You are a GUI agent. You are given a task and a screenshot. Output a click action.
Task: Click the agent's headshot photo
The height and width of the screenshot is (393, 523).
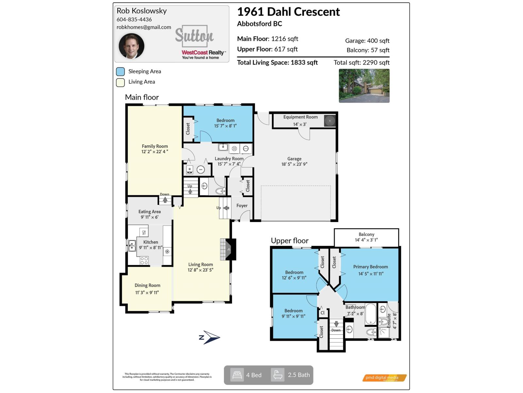click(131, 46)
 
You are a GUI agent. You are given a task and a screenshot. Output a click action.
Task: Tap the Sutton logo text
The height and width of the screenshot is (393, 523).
click(194, 35)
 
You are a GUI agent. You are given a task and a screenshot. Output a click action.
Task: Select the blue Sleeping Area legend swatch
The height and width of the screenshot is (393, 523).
click(120, 71)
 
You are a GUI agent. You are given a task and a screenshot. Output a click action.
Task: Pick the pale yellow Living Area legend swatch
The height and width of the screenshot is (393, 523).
click(120, 82)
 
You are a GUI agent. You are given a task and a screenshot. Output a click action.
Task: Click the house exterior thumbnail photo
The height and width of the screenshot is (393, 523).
click(364, 86)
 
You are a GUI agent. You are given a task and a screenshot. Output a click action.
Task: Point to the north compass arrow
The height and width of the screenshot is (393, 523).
click(210, 337)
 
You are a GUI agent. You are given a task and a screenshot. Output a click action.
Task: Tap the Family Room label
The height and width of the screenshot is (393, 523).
click(155, 146)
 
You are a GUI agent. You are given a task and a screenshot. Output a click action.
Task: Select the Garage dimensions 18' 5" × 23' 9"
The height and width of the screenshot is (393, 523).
click(294, 164)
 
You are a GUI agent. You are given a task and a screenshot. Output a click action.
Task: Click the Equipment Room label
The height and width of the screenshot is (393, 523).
click(300, 117)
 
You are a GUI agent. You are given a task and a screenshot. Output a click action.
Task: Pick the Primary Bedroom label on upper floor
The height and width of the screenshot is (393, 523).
click(370, 267)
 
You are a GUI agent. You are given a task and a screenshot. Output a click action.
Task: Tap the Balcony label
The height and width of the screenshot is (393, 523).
click(366, 234)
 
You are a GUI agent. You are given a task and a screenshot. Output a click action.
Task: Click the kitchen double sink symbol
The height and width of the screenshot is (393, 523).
click(132, 246)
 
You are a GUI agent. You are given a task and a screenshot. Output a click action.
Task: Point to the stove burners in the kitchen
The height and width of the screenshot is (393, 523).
click(144, 261)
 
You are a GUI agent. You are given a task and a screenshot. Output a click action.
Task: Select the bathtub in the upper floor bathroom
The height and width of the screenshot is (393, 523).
click(371, 314)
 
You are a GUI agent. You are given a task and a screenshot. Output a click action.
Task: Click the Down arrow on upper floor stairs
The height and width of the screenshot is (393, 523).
click(336, 324)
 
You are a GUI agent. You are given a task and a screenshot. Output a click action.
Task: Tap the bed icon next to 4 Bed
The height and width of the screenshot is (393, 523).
click(237, 375)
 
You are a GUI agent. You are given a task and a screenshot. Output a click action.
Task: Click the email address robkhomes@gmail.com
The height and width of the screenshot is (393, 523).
click(144, 27)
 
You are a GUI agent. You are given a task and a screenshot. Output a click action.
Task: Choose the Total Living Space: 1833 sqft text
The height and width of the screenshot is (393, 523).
click(277, 63)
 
